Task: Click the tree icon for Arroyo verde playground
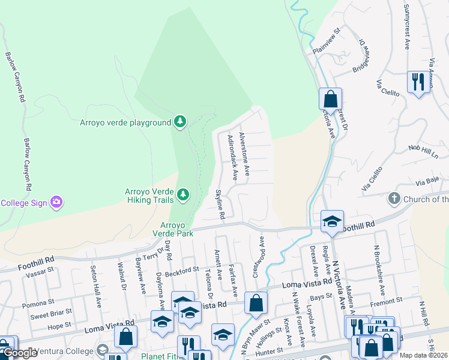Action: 179,122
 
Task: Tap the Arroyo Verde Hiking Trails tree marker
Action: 182,194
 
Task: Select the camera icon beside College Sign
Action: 56,202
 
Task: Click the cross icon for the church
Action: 394,198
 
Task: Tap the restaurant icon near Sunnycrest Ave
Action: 418,82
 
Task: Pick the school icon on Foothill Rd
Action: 331,221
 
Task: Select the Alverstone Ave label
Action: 244,154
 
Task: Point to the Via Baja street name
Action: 425,179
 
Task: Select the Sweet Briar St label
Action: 52,314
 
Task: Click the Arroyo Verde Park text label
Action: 173,228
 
